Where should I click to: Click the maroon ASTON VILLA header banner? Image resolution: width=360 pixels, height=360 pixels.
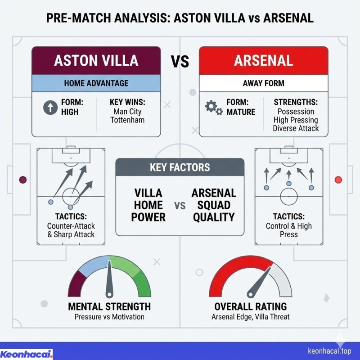(x=96, y=61)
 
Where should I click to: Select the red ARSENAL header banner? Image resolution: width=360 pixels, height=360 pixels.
(x=263, y=61)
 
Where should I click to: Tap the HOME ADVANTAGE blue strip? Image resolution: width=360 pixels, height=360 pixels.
(x=96, y=83)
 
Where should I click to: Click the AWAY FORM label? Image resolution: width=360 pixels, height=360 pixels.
(x=263, y=83)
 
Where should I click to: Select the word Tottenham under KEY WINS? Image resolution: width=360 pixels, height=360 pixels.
(x=128, y=120)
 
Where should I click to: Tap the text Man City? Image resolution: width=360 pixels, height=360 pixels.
(x=128, y=111)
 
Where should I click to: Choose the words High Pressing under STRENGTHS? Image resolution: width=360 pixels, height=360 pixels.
(x=295, y=120)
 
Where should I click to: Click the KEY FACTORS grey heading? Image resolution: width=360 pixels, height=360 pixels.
(x=180, y=168)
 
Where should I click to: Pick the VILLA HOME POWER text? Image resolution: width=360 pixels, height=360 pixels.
(x=148, y=205)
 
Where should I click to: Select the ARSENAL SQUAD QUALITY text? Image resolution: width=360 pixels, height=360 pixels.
(x=214, y=205)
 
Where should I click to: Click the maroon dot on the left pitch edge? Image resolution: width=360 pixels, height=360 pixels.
(x=23, y=180)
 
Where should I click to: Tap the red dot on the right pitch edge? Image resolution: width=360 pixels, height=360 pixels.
(x=338, y=180)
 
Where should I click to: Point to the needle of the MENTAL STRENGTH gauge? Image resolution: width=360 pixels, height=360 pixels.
(x=109, y=281)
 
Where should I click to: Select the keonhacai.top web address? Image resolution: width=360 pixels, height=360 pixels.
(x=329, y=351)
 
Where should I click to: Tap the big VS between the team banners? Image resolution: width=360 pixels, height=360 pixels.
(x=180, y=61)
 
